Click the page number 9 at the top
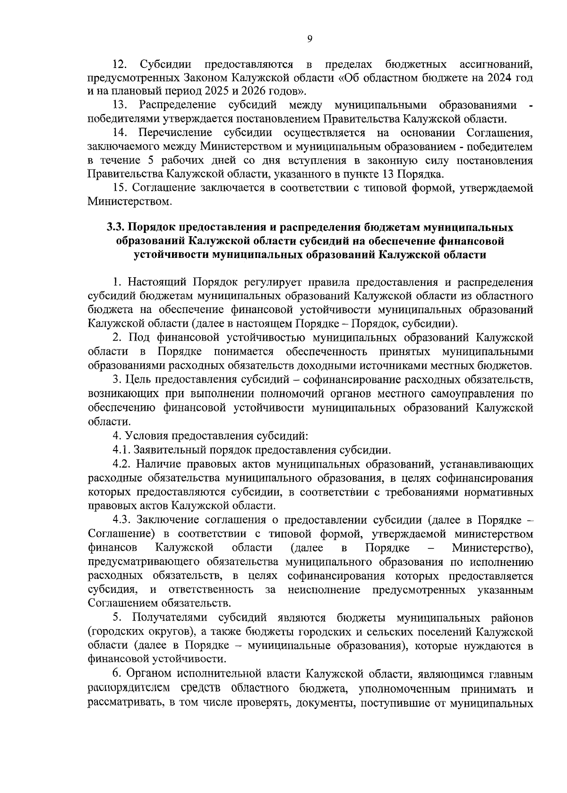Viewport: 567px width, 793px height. point(309,39)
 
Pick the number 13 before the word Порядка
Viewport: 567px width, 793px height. point(388,174)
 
